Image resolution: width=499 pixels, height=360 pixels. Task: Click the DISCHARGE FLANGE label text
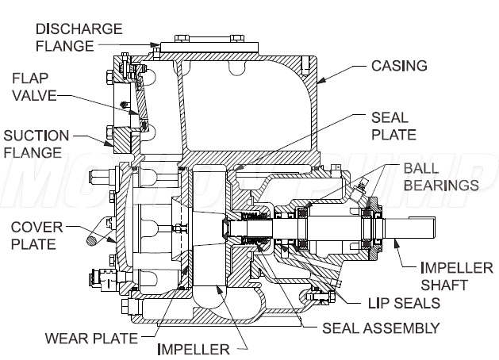79,37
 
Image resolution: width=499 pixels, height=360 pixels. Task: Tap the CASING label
399,66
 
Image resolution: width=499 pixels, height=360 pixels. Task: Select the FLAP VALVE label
34,86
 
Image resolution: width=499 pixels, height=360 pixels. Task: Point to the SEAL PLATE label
393,126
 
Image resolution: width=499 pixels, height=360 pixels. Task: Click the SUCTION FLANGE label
36,144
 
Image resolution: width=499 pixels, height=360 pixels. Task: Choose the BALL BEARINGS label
441,177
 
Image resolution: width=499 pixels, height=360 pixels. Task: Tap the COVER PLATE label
37,236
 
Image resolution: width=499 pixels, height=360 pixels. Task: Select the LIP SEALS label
404,304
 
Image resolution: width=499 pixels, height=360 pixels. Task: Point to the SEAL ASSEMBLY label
381,328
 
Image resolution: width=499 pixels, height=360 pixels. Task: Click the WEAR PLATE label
91,339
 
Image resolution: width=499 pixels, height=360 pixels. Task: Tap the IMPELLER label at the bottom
194,350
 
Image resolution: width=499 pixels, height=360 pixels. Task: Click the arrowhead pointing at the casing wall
321,80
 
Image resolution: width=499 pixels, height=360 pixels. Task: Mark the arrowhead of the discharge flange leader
155,45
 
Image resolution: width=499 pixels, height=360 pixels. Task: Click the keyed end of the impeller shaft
422,228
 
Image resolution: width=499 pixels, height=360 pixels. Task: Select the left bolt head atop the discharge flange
182,39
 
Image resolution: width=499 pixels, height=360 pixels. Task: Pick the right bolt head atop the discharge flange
237,39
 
